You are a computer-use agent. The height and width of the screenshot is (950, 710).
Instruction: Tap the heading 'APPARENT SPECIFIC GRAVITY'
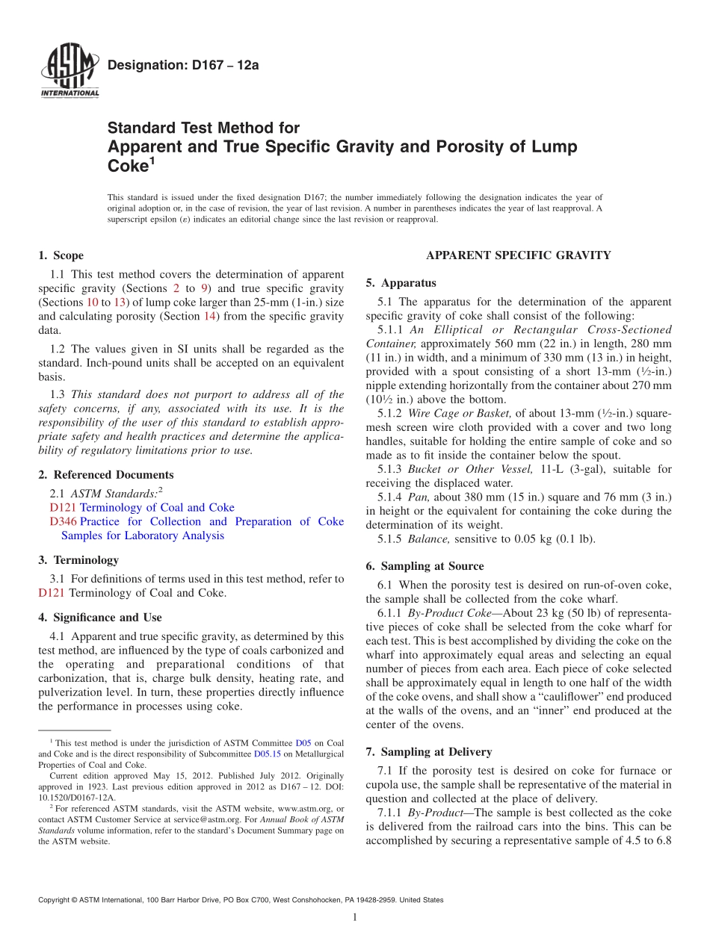coord(518,255)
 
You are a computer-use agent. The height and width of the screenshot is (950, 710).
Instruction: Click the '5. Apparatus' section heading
coord(401,283)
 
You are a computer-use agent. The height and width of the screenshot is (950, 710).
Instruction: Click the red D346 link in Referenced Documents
coord(63,521)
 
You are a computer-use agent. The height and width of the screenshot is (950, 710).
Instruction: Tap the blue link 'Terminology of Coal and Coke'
coord(157,507)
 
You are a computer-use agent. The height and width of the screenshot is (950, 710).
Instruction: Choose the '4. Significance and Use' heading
coord(99,618)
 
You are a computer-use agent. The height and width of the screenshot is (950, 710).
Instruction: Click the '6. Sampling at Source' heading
coord(425,566)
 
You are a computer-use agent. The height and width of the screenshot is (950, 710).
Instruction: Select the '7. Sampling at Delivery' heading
coord(429,752)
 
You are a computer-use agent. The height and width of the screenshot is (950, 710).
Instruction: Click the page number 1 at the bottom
coord(355,918)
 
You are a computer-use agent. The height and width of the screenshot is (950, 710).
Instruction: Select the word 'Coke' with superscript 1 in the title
coord(127,167)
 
